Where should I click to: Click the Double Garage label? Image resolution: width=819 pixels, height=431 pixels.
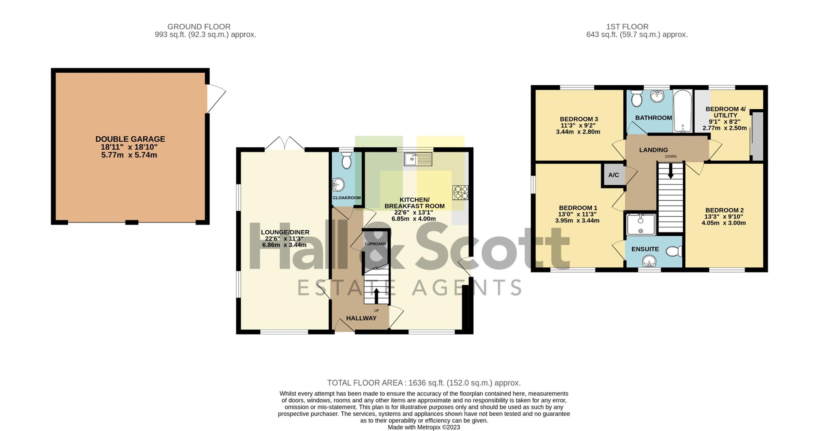[x=130, y=139]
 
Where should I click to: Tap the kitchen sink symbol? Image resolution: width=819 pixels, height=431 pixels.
[x=418, y=159]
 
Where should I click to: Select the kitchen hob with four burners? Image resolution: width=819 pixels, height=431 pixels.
[x=460, y=192]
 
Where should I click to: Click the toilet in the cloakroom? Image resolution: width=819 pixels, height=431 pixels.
[x=346, y=160]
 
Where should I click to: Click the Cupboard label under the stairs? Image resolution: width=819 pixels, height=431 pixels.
[x=375, y=244]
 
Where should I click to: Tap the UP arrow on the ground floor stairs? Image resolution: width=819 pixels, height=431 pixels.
[x=376, y=296]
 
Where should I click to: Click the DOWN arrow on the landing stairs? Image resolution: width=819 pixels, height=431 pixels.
[x=671, y=171]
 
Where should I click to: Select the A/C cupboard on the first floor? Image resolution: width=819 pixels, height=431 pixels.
[x=614, y=175]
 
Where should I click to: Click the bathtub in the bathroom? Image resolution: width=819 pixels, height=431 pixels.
[x=683, y=111]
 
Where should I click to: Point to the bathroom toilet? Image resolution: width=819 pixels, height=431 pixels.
[x=636, y=98]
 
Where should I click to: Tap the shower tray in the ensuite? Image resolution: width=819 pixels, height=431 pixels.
[x=641, y=224]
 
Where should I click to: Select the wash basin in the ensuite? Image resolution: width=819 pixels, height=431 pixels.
[x=649, y=261]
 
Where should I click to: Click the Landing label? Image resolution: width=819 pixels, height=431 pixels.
[x=653, y=150]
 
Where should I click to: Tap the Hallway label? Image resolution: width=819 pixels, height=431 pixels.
[x=361, y=318]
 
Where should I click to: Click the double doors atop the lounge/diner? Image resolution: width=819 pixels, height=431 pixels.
[x=285, y=143]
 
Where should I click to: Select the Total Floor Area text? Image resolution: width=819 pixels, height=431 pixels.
[x=424, y=383]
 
